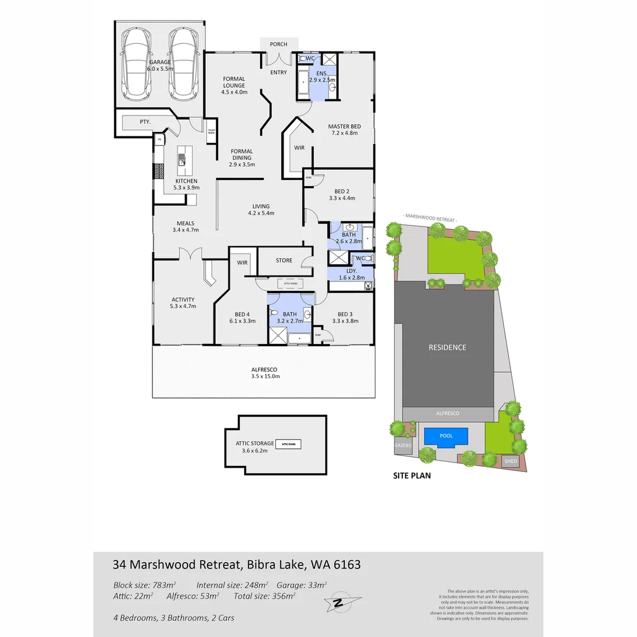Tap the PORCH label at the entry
pos(278,44)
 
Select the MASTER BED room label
pos(344,127)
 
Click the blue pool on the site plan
pos(446,436)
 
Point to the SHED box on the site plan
pos(510,461)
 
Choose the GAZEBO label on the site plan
pos(402,446)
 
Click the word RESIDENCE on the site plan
pos(447,347)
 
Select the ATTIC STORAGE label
pos(251,443)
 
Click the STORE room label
pos(284,260)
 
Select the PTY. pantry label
pos(145,122)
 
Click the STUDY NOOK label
pos(211,132)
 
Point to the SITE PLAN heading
pos(412,475)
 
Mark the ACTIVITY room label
pos(183,300)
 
